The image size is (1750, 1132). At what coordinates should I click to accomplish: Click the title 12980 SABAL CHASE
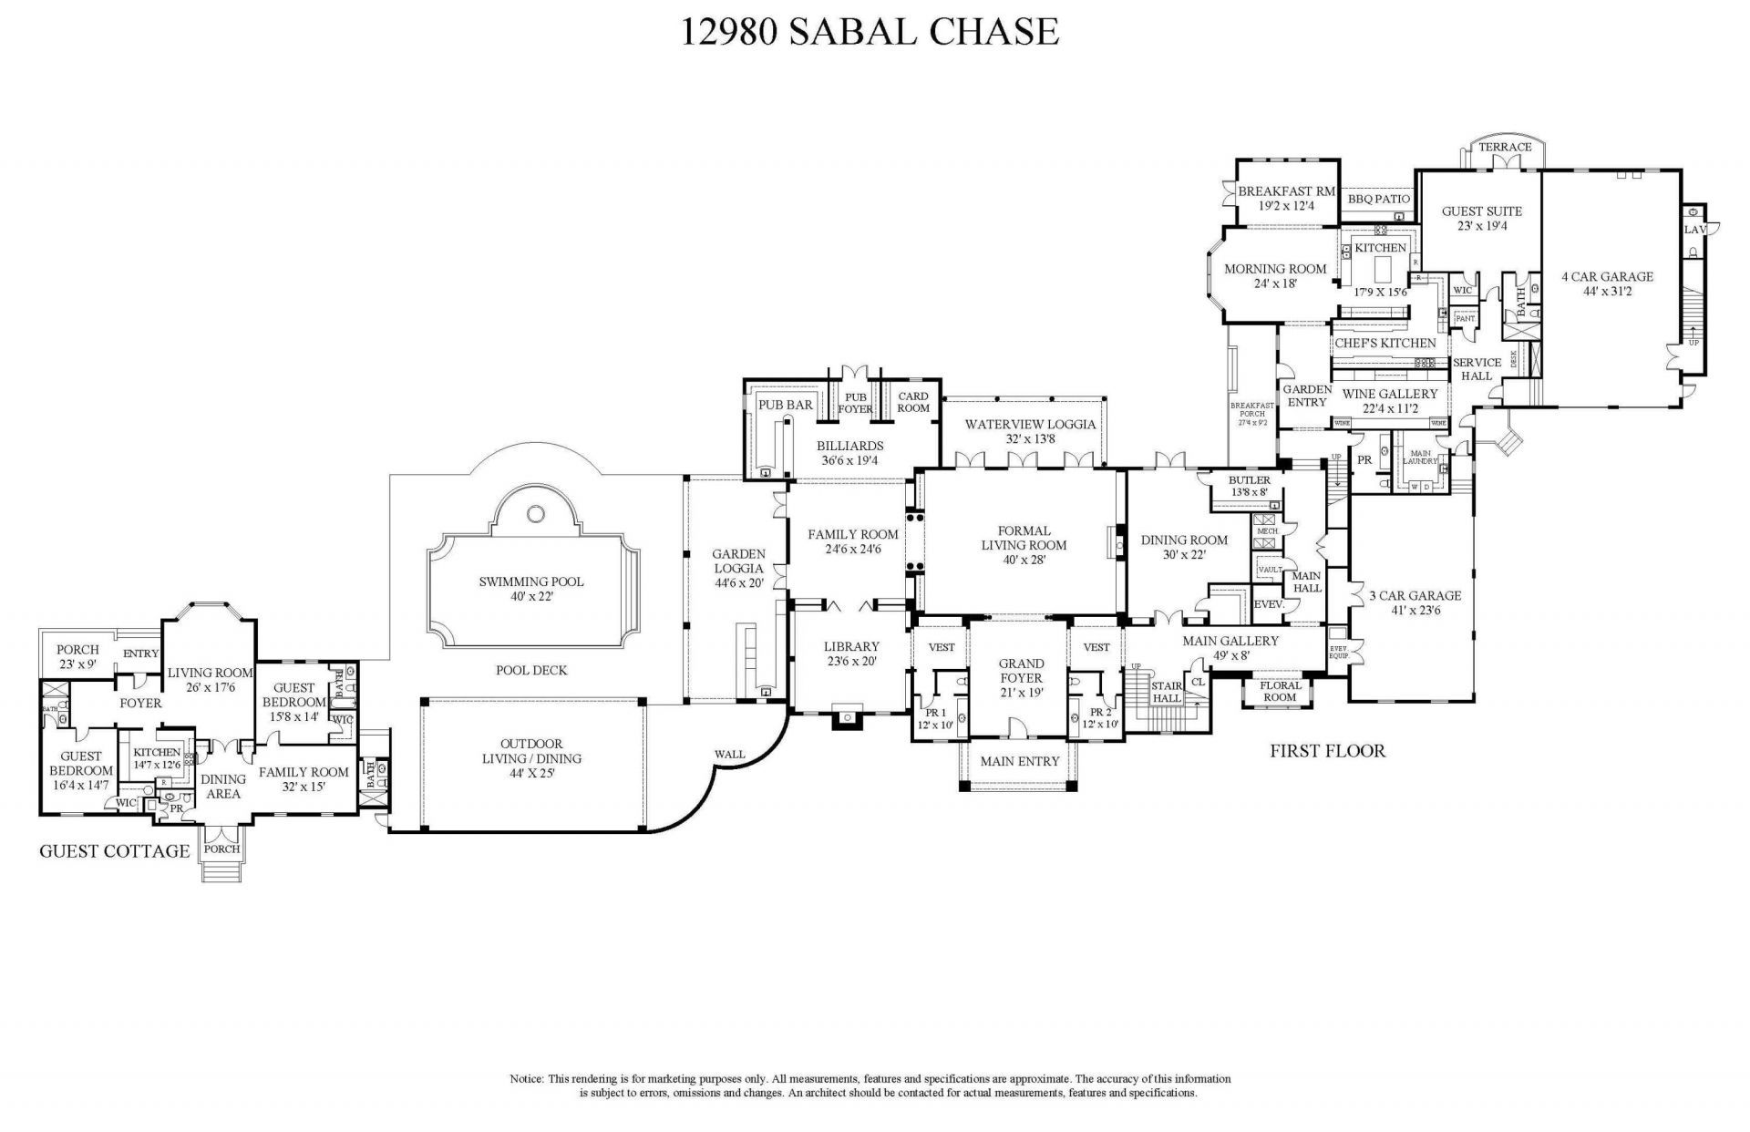point(870,32)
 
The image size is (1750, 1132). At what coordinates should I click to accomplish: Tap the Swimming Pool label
point(531,581)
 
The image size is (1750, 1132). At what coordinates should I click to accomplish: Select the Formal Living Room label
point(1024,538)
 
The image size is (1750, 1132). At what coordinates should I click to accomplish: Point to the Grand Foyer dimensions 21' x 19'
point(1021,692)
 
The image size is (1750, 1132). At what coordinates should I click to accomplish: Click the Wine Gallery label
point(1389,394)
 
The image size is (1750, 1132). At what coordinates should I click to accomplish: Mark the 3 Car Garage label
point(1415,596)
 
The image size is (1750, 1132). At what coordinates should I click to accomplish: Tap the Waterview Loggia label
point(1031,424)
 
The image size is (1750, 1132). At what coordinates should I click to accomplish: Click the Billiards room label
point(849,446)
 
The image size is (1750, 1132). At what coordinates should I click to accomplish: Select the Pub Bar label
point(786,405)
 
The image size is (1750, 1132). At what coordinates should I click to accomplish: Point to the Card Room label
point(912,402)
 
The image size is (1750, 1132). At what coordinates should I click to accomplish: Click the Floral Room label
point(1280,691)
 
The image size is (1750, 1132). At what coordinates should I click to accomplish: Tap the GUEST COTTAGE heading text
point(114,851)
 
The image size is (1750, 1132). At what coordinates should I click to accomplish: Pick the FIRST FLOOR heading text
point(1327,751)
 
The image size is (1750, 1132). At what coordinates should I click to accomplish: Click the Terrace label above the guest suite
point(1505,147)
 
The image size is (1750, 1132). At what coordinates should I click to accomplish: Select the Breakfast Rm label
point(1286,191)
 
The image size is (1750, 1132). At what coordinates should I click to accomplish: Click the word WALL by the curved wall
point(729,754)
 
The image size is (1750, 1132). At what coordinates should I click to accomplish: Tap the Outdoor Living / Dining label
point(531,751)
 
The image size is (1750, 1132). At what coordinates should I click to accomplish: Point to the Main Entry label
point(1020,761)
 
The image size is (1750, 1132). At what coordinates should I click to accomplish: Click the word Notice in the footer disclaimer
point(526,1078)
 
